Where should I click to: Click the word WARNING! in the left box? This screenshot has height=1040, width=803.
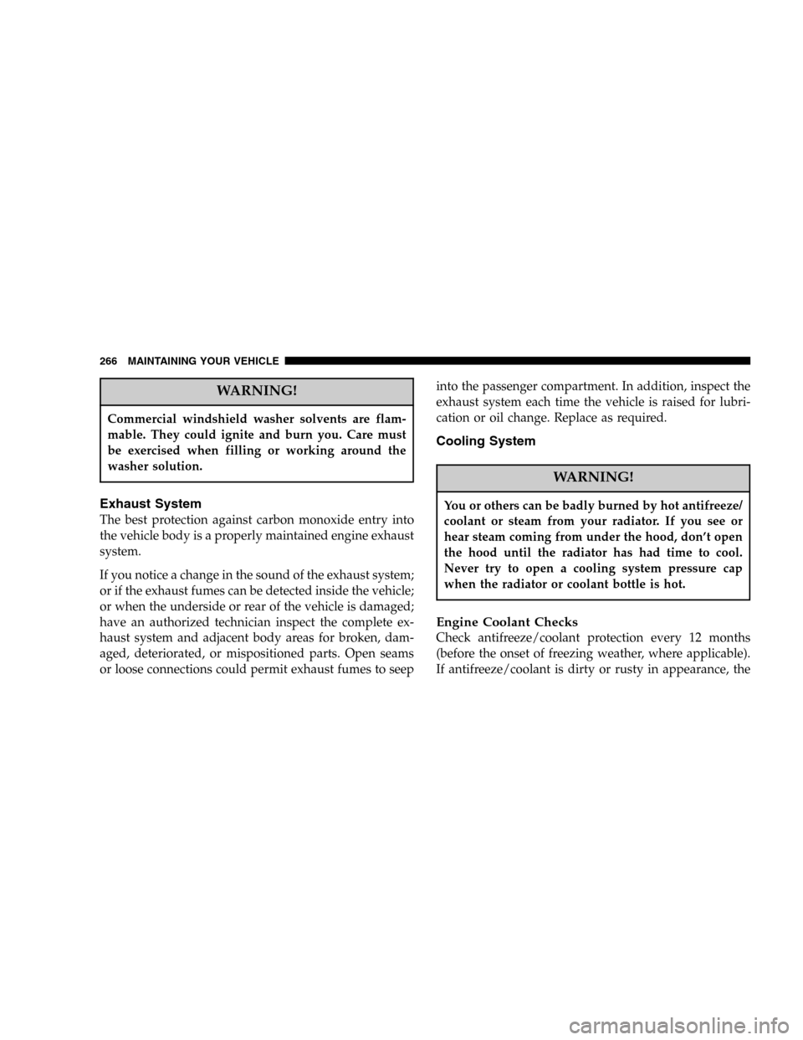tap(256, 393)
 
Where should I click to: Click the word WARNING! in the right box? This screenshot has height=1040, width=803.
tap(593, 477)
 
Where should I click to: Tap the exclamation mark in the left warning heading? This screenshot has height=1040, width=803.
tap(294, 393)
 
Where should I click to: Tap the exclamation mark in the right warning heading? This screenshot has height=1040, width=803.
tap(631, 477)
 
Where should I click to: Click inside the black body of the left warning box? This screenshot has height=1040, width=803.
tap(256, 443)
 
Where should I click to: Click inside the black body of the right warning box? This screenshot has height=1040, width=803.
tap(593, 544)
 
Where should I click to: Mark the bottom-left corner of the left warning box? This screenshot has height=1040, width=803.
tap(99, 481)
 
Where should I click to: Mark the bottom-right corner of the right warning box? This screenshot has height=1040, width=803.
tap(749, 600)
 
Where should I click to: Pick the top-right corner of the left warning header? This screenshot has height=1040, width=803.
tap(413, 379)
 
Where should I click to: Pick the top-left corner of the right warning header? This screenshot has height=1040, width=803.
tap(437, 465)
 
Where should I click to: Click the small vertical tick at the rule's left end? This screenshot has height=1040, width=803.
tap(284, 360)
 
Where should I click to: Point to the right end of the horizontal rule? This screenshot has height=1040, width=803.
tap(752, 364)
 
